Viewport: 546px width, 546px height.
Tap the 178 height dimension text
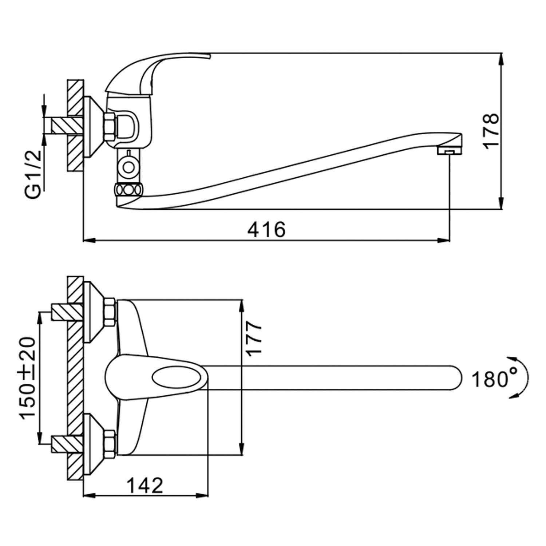pos(491,130)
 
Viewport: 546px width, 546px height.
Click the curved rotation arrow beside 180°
pos(525,379)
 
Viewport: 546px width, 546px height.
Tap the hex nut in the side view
pos(110,126)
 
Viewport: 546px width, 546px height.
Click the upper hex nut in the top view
pos(110,312)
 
